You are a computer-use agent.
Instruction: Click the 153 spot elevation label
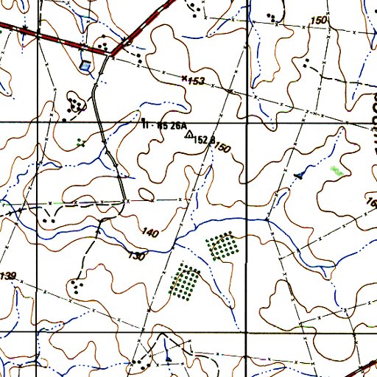click(194, 80)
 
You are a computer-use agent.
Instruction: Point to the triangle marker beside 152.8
click(189, 135)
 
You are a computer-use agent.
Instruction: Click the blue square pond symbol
click(88, 66)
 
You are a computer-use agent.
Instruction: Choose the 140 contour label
click(149, 233)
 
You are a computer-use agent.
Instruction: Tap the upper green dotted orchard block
click(222, 246)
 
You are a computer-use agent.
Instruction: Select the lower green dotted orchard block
click(185, 281)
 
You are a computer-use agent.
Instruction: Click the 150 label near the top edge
click(318, 20)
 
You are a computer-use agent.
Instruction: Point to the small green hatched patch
click(337, 171)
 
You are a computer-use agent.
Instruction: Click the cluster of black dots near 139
click(77, 286)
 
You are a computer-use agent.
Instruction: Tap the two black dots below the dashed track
click(49, 219)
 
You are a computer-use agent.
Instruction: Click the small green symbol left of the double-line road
click(81, 144)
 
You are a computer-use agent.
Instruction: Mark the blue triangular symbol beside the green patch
click(299, 175)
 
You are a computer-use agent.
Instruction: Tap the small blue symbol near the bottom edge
click(169, 359)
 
